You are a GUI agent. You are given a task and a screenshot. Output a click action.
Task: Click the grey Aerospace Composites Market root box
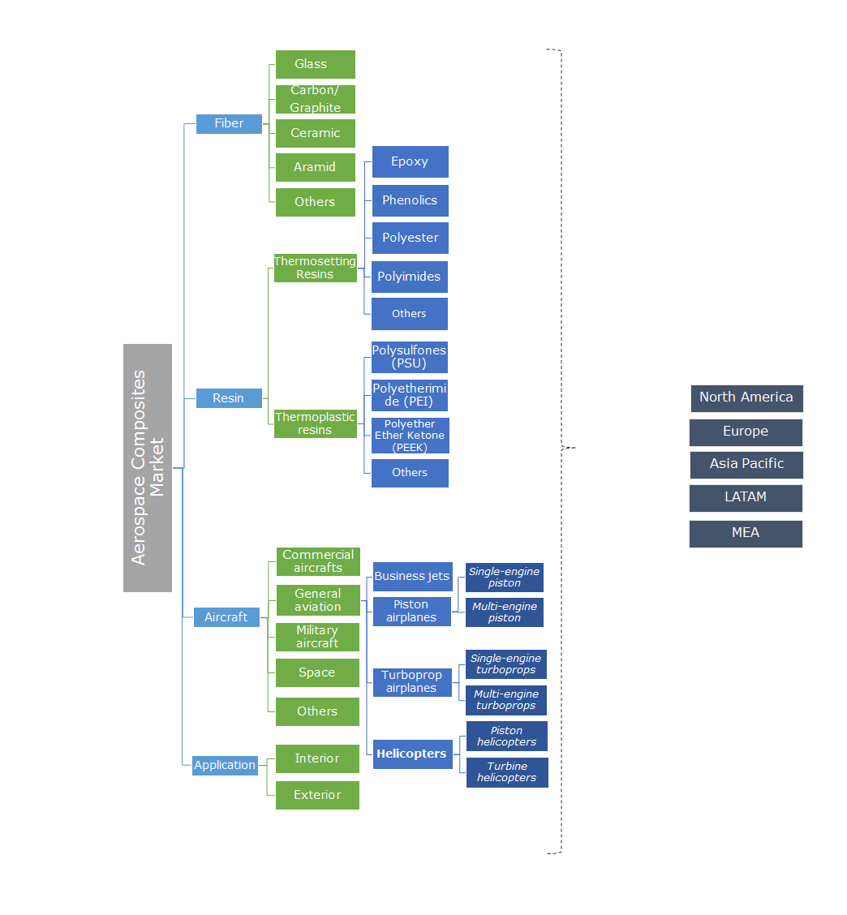pyautogui.click(x=148, y=467)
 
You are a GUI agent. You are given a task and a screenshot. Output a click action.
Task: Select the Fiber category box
pyautogui.click(x=229, y=123)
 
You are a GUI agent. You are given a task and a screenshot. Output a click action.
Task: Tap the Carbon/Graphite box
pyautogui.click(x=315, y=99)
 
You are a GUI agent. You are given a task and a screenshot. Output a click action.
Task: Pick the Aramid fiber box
pyautogui.click(x=315, y=167)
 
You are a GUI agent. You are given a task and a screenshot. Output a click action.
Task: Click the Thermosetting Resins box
pyautogui.click(x=315, y=268)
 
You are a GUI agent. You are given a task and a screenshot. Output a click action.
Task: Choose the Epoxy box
pyautogui.click(x=410, y=161)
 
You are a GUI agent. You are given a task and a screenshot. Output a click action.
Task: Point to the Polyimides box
pyautogui.click(x=410, y=277)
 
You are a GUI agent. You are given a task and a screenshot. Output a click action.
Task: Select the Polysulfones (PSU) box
pyautogui.click(x=410, y=357)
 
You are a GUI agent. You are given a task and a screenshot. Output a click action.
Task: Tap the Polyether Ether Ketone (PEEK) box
pyautogui.click(x=410, y=436)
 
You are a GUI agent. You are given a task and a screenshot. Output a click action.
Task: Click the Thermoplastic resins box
pyautogui.click(x=315, y=423)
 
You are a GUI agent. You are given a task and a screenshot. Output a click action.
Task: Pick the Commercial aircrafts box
pyautogui.click(x=318, y=561)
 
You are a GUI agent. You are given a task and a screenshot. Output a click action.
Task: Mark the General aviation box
pyautogui.click(x=318, y=600)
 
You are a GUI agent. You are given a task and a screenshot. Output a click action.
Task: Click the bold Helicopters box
pyautogui.click(x=412, y=754)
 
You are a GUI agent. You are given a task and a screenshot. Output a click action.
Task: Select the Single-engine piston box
pyautogui.click(x=504, y=578)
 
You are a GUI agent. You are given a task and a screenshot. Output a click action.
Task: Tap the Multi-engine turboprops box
pyautogui.click(x=505, y=700)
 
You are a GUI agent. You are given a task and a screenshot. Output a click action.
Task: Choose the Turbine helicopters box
pyautogui.click(x=507, y=772)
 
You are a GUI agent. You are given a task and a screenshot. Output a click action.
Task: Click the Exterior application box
pyautogui.click(x=317, y=795)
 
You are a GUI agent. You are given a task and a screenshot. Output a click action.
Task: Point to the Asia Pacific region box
pyautogui.click(x=746, y=464)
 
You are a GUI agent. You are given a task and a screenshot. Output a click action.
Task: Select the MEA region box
pyautogui.click(x=746, y=533)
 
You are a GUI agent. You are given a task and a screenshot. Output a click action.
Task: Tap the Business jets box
pyautogui.click(x=412, y=576)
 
